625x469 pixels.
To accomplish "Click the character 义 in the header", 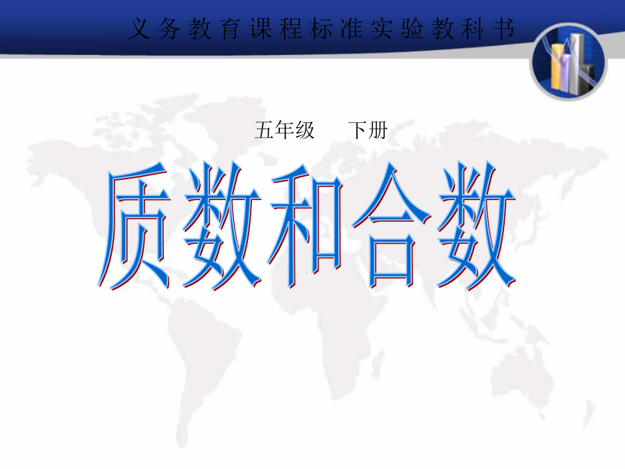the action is [x=139, y=28].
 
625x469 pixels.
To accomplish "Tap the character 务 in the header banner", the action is [x=169, y=28].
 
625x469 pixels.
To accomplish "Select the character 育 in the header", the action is [x=231, y=28].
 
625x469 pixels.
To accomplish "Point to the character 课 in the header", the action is [x=260, y=28].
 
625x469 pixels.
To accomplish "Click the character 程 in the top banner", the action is [x=291, y=28].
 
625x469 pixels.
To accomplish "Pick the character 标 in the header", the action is [x=322, y=28].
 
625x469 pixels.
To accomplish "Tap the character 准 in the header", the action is [x=351, y=28].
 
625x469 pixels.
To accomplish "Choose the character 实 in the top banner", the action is [x=382, y=28].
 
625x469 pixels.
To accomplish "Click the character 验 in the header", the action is [x=412, y=28].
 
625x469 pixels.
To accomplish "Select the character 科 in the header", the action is [x=473, y=28].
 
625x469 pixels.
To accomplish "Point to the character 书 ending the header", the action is [x=503, y=28].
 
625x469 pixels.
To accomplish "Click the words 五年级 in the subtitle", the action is [x=285, y=131].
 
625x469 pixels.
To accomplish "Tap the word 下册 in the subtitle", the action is [x=367, y=131].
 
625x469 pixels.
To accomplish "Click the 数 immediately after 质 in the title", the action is [x=222, y=226].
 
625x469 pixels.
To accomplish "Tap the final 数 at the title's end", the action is [x=476, y=226].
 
